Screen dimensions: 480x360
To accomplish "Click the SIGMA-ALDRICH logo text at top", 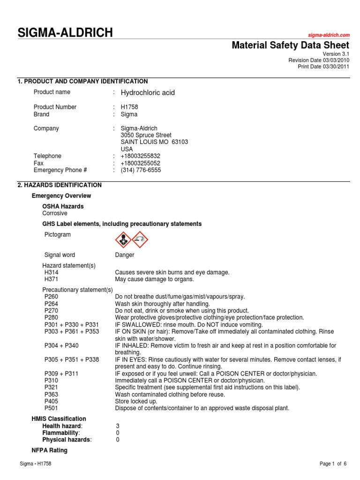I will point(65,32).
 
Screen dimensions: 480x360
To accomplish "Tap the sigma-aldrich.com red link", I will point(329,36).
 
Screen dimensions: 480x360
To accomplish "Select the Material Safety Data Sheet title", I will point(291,45).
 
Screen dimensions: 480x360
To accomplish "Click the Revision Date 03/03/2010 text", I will point(318,60).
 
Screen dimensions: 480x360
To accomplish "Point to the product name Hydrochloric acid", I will point(148,93).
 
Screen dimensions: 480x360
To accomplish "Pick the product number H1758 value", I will point(129,107).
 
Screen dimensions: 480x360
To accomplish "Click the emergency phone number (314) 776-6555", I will point(141,170).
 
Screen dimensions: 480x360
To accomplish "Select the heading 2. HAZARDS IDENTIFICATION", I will point(60,185).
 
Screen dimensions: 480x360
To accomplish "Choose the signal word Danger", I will point(125,255).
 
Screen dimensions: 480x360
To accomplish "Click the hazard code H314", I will point(51,272).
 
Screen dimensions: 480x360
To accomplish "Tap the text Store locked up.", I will point(136,401).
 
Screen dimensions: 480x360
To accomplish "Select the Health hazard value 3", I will point(118,426).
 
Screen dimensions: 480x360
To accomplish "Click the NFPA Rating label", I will point(49,450).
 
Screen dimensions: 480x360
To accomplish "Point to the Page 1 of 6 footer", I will point(333,464).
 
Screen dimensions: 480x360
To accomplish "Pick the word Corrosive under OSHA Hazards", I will point(55,213).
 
